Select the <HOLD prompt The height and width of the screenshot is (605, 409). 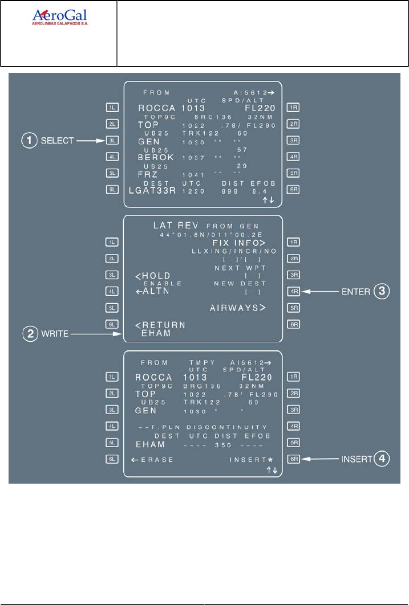click(154, 276)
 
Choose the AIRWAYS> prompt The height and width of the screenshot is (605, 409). click(238, 308)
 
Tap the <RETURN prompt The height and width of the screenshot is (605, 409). click(160, 325)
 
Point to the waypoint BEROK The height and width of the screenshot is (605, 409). click(155, 157)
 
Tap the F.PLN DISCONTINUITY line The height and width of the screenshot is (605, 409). click(203, 427)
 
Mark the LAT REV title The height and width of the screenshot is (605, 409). click(170, 226)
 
